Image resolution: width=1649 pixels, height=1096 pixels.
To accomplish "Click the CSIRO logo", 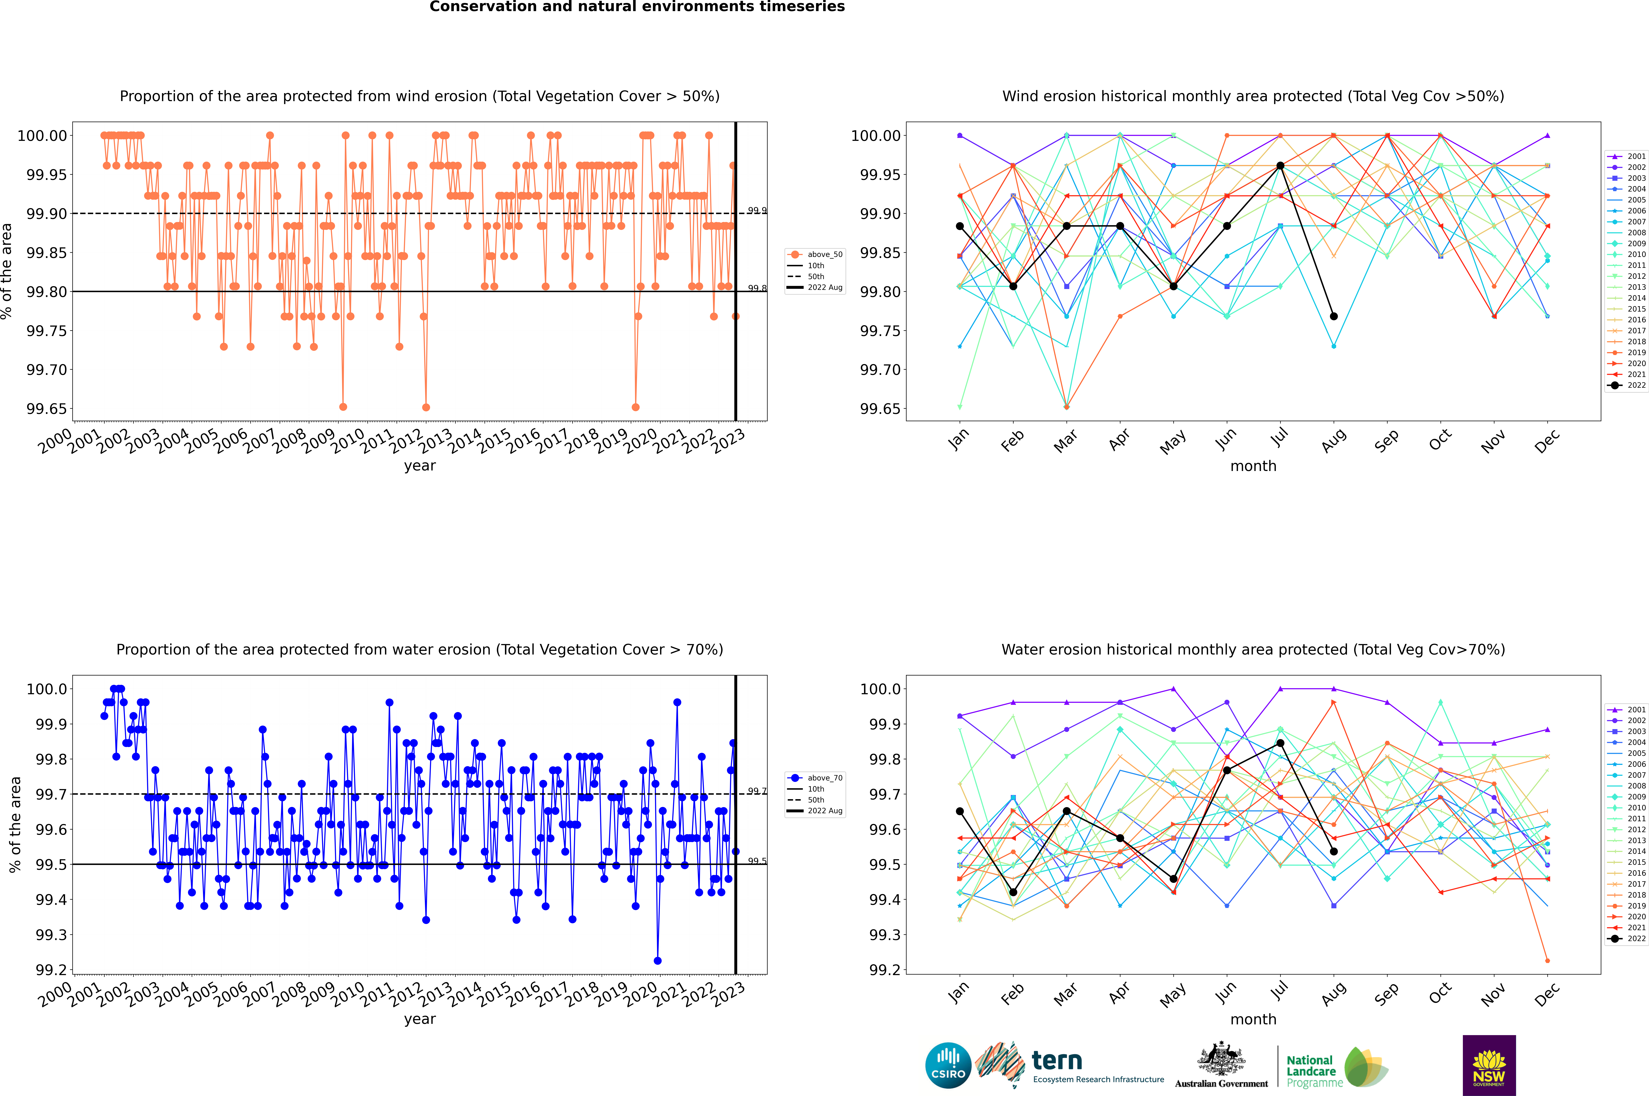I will pos(948,1065).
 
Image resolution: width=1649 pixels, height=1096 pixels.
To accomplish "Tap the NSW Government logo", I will pos(1489,1065).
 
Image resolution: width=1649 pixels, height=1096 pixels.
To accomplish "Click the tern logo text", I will pos(1057,1061).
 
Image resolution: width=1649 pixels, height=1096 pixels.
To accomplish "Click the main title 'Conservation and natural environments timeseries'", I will pos(637,7).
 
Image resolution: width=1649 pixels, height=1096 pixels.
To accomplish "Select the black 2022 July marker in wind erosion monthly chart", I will pos(1280,166).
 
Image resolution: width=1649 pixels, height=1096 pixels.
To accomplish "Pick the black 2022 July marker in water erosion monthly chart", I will pos(1280,743).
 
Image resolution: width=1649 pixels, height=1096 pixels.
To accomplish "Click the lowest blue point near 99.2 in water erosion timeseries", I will pos(657,960).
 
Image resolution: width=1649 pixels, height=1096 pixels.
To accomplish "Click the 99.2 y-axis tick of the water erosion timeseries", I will pos(51,970).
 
